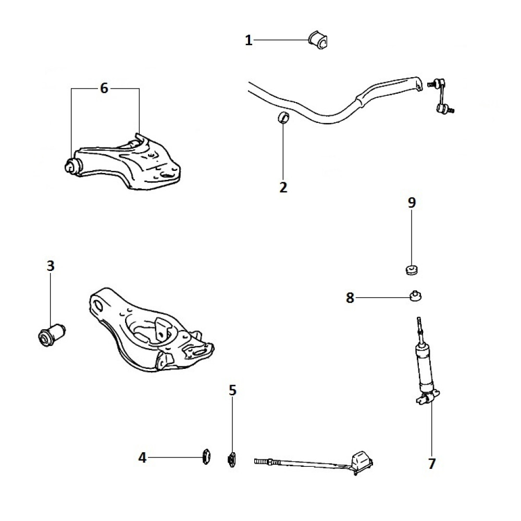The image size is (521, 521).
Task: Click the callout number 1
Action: coord(249,40)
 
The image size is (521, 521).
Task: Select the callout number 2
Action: coord(283,188)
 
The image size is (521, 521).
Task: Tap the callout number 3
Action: coord(50,266)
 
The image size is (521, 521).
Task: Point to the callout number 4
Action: coord(143,458)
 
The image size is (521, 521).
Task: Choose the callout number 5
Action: coord(232,390)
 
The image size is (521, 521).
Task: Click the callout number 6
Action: coord(104,89)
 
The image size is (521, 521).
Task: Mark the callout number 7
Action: coord(431,463)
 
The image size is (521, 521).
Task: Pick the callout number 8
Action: coord(350,297)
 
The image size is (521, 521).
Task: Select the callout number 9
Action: coord(412,203)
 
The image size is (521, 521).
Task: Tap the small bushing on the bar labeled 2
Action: coord(283,118)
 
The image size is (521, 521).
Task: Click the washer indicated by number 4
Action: coord(206,457)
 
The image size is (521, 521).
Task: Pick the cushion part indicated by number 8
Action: coord(415,295)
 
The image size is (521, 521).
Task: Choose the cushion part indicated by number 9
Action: coord(412,270)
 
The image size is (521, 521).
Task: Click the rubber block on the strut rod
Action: coord(362,461)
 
